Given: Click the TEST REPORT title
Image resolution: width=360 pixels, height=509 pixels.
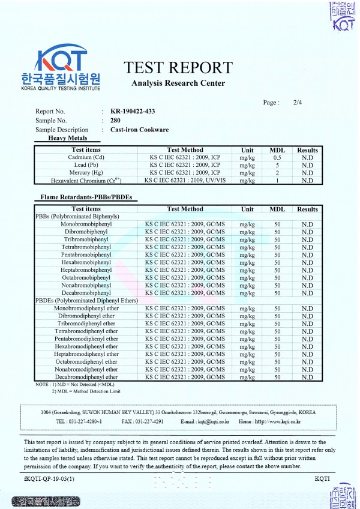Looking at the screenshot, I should click(178, 67).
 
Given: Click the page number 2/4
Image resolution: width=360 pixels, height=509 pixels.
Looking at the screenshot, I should click(298, 103).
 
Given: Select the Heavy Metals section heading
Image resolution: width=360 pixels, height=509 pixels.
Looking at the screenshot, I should click(68, 138).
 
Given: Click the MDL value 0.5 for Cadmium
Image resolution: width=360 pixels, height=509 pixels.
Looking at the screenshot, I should click(277, 157).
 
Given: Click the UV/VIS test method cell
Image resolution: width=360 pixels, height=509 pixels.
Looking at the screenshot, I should click(185, 180).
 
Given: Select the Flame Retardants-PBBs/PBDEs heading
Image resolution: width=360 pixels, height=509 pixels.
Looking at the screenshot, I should click(85, 197).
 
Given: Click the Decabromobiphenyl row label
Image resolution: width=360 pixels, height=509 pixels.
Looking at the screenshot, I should click(83, 293).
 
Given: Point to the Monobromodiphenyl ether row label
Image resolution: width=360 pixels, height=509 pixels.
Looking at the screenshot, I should click(86, 308).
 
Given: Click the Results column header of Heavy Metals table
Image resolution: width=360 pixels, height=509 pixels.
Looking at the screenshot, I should click(307, 150).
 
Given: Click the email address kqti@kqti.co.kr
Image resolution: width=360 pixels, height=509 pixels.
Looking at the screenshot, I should click(205, 421).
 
